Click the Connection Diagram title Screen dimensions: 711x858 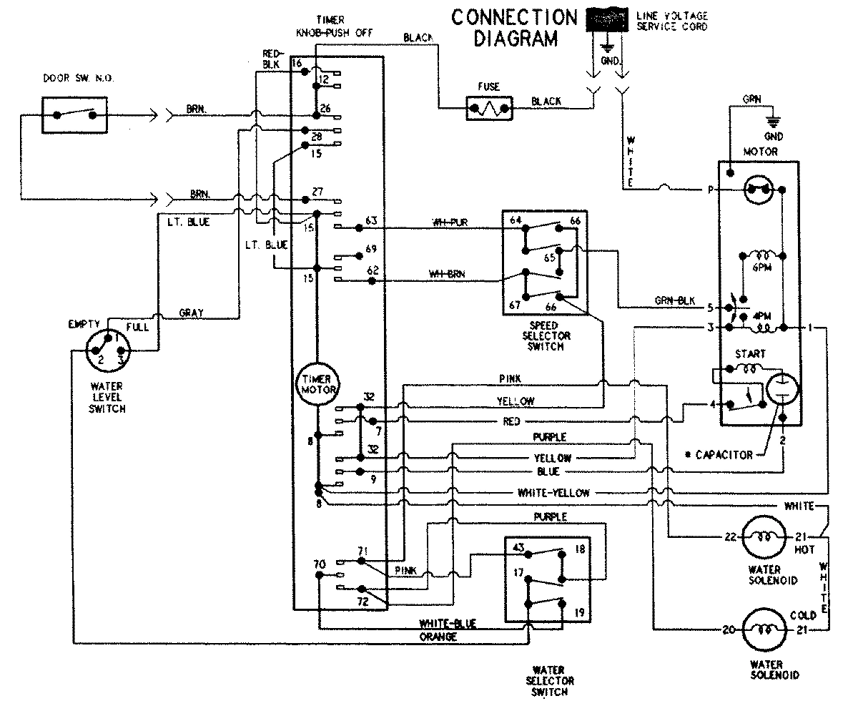tap(514, 27)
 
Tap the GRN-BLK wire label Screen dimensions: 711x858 tap(674, 300)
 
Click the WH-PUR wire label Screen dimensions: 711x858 tap(449, 220)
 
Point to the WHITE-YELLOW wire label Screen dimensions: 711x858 tap(553, 493)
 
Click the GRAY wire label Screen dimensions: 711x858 tap(191, 313)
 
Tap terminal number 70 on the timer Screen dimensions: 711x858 tap(320, 564)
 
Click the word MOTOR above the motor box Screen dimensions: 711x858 tap(760, 152)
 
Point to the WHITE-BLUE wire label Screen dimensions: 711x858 tap(448, 624)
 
